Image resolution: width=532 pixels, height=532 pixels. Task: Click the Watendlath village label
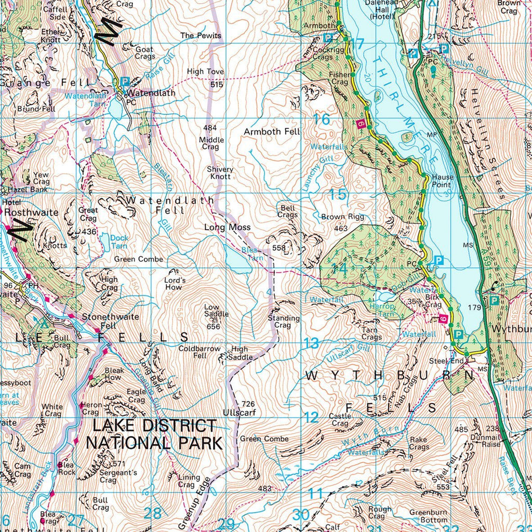coord(151,93)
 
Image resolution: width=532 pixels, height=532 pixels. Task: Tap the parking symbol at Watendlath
coord(125,82)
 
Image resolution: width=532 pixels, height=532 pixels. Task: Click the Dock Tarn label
coord(119,242)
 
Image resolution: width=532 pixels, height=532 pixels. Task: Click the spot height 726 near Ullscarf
coord(248,404)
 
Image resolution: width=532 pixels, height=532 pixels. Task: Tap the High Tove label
coord(205,72)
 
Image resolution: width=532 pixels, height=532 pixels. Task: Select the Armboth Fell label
coord(272,132)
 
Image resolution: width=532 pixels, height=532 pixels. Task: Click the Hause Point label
coord(442,181)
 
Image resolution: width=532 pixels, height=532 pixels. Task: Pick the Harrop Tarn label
coord(381,310)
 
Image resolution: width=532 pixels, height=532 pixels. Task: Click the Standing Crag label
coord(284,322)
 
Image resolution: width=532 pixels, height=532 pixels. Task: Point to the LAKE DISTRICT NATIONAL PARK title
coord(154,434)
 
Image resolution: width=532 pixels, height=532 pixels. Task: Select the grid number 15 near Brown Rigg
coord(338,195)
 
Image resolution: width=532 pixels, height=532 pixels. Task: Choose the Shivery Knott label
coord(220,173)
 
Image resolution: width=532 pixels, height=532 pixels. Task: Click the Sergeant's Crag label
coord(119,476)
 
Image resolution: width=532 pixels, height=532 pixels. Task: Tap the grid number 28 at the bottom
coord(152,514)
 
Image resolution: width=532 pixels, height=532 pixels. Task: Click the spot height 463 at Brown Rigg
coord(341,228)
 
